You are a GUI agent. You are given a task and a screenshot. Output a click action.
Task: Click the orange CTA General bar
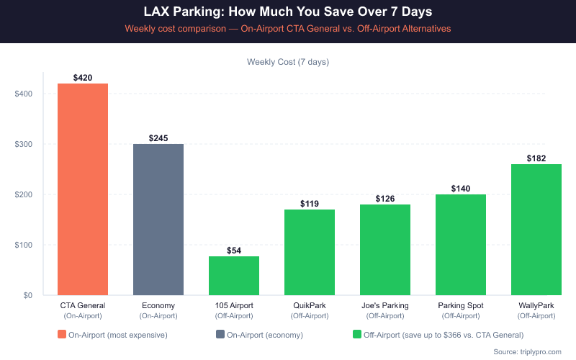click(83, 189)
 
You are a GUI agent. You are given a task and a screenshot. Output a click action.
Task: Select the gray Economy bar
click(158, 220)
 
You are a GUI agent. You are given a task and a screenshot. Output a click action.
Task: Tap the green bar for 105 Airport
click(234, 276)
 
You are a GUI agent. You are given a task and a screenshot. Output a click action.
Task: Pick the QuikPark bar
click(310, 252)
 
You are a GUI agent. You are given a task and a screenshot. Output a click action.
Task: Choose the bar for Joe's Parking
click(385, 250)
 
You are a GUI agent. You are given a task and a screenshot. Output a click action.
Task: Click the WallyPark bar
click(536, 230)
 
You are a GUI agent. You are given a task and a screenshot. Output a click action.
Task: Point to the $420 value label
click(83, 78)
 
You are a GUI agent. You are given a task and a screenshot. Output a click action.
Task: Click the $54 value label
click(234, 251)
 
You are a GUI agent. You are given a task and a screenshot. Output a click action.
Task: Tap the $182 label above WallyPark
click(536, 158)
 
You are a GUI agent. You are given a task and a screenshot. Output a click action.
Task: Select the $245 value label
click(158, 138)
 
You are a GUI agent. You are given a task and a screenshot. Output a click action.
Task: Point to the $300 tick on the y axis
click(24, 144)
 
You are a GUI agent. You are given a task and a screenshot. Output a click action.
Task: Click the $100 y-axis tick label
click(24, 245)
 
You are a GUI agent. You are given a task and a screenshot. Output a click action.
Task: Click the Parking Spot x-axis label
click(461, 306)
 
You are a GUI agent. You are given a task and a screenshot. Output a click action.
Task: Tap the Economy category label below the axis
click(158, 306)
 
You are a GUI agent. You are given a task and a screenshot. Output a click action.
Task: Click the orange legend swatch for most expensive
click(62, 334)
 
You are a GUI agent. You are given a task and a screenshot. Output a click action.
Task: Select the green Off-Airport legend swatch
click(356, 334)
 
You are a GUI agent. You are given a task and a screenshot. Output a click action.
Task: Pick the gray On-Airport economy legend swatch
click(220, 334)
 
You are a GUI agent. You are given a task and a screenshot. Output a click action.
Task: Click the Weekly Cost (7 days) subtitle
click(288, 62)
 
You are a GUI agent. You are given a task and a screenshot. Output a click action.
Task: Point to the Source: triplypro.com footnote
click(528, 351)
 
